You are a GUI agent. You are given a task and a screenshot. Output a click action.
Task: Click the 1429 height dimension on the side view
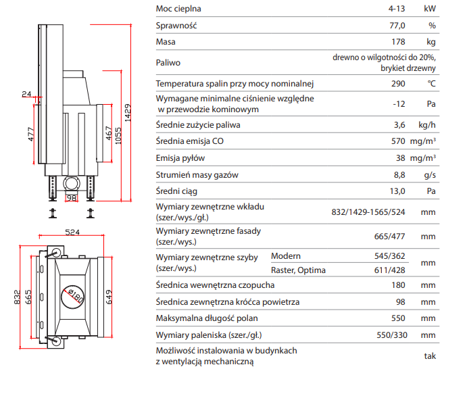tap(128, 113)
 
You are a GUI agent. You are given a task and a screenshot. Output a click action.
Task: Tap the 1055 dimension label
tap(118, 136)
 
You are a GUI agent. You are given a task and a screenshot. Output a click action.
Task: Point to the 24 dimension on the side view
tap(26, 94)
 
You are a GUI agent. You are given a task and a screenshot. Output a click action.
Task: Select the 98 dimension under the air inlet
tap(72, 198)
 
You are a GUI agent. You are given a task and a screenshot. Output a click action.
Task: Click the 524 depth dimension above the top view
tap(72, 232)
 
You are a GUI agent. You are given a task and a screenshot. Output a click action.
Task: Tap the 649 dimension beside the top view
tap(109, 297)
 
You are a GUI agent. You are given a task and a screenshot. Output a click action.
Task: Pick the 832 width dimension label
tap(18, 297)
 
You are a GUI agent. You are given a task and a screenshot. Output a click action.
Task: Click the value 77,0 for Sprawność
tap(397, 26)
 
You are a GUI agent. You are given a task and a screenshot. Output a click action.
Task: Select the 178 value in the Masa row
tap(398, 42)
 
